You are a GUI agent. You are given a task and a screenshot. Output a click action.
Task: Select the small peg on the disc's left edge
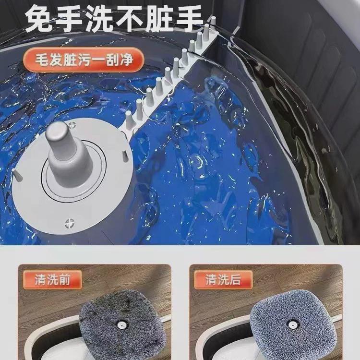pyautogui.click(x=17, y=174)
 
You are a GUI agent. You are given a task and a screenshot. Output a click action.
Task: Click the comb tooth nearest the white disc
pyautogui.click(x=129, y=120)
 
